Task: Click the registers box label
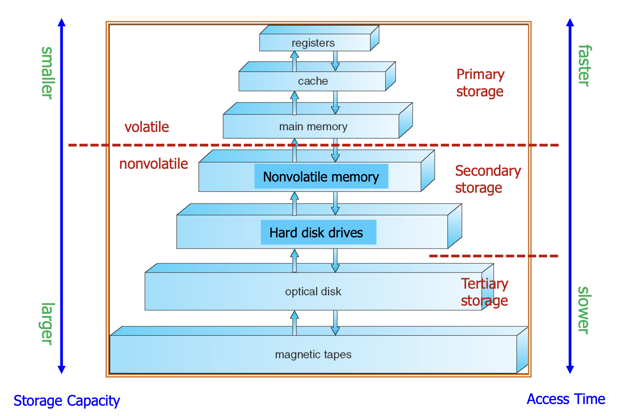313,43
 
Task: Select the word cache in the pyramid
313,81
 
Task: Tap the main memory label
313,127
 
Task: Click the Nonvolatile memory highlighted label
321,177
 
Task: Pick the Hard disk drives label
316,232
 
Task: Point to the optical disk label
313,292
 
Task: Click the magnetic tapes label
313,354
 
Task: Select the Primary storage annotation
480,83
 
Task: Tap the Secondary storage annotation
488,179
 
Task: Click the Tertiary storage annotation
484,292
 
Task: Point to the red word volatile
147,127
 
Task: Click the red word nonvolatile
154,164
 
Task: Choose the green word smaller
47,73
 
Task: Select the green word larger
47,323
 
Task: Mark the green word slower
584,310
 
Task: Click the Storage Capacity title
67,401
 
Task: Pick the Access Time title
565,399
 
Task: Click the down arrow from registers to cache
335,61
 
